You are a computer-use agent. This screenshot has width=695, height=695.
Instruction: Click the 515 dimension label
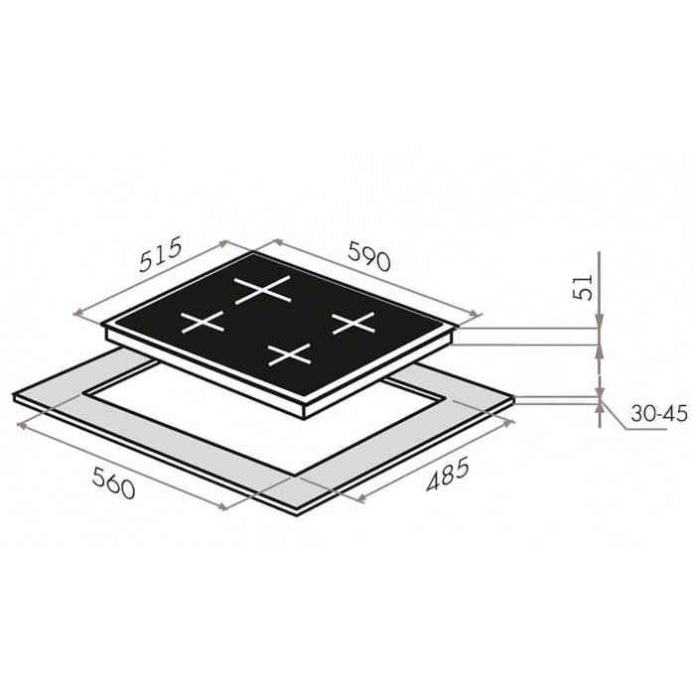click(161, 254)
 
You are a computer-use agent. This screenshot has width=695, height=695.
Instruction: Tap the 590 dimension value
click(369, 255)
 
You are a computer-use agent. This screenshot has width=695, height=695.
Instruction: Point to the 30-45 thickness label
click(659, 414)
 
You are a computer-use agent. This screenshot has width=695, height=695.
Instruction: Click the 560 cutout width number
click(113, 484)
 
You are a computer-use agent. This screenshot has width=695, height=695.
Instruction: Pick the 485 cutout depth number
click(447, 476)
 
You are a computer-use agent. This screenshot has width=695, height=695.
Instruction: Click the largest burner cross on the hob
click(262, 290)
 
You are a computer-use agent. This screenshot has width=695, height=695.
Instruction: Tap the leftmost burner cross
click(203, 322)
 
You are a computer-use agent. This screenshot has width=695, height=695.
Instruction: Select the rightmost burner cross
click(353, 323)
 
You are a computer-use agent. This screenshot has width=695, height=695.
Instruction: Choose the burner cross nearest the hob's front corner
click(290, 354)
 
